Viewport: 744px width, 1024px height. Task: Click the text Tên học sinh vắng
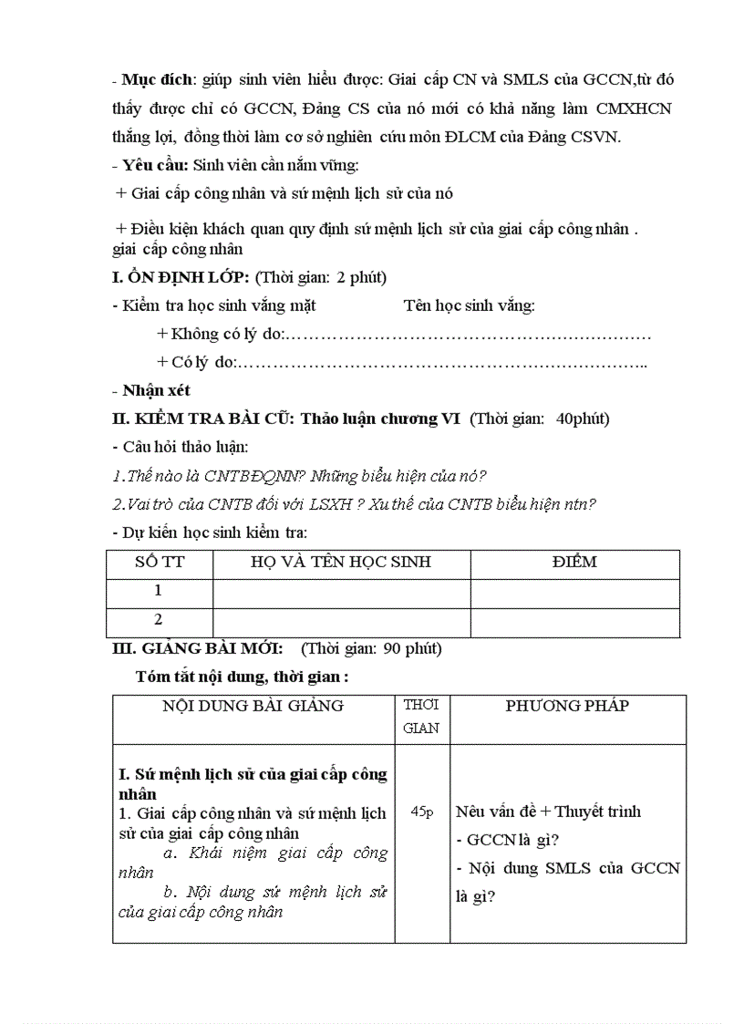(470, 305)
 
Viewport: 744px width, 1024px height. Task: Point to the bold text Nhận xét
(156, 390)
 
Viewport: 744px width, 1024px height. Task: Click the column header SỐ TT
(159, 563)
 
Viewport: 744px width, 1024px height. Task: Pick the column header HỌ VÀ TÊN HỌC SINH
(341, 563)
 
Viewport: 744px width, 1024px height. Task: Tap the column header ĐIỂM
(574, 563)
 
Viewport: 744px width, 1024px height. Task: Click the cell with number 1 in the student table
(159, 591)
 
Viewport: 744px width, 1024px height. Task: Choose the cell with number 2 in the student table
(159, 620)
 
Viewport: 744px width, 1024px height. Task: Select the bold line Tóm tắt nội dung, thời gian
(242, 677)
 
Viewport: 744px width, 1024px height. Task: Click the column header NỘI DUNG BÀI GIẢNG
(253, 706)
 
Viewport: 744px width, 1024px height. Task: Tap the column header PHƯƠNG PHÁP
(567, 706)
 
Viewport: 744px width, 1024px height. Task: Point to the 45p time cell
(422, 811)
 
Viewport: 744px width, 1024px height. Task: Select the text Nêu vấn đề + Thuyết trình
(548, 811)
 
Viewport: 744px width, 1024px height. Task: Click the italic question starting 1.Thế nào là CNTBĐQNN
(300, 476)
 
